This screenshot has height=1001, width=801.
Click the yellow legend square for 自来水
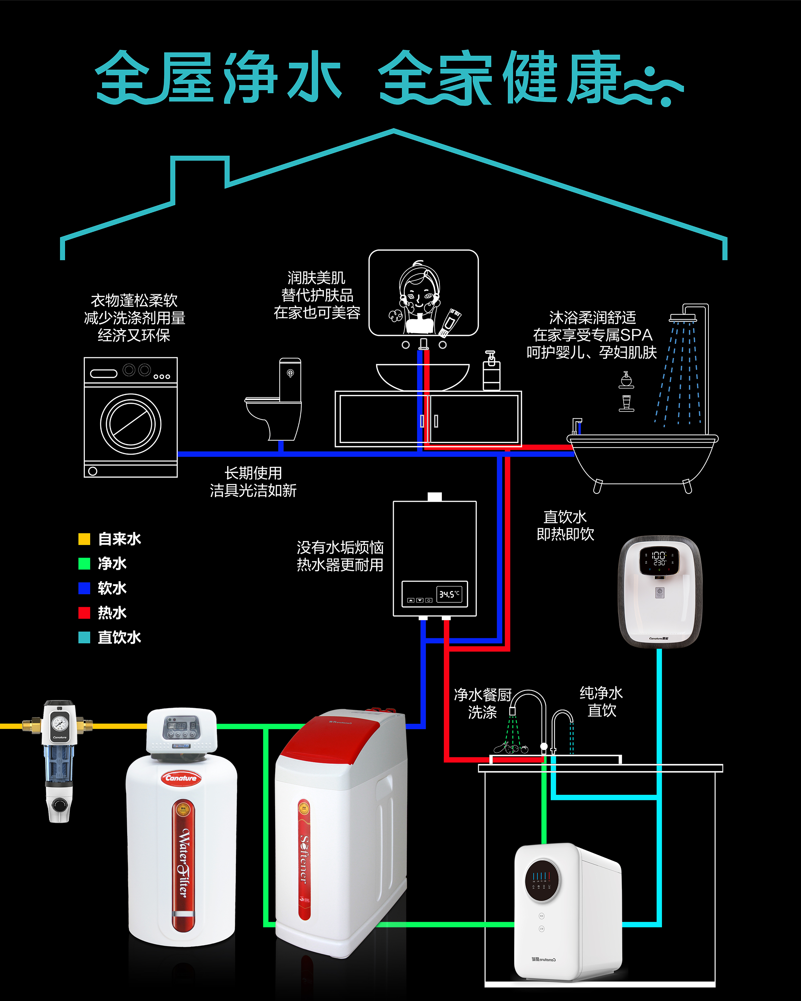[x=84, y=539]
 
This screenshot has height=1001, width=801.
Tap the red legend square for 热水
[x=84, y=613]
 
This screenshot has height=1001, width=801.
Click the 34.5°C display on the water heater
[x=449, y=594]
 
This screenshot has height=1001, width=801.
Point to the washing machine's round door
[x=131, y=424]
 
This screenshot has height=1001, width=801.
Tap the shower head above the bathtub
[x=683, y=318]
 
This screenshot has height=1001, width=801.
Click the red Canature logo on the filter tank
[x=181, y=778]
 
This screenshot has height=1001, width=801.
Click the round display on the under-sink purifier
[x=542, y=880]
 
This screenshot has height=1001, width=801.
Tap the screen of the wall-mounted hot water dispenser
[x=659, y=559]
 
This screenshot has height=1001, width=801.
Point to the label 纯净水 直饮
[x=601, y=702]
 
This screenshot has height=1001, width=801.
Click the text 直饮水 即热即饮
[x=565, y=525]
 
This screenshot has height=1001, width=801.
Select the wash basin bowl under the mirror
[x=423, y=375]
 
